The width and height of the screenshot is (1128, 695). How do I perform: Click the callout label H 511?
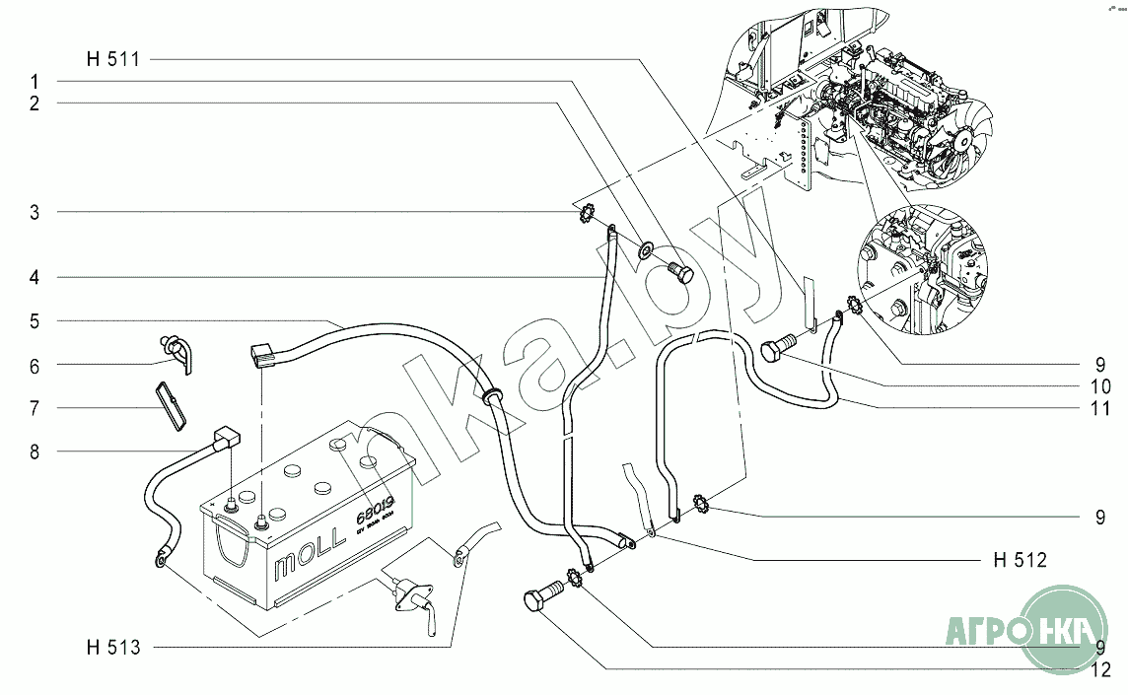113,59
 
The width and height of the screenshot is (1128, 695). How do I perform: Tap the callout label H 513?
113,648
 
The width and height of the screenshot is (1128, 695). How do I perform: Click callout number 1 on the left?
34,80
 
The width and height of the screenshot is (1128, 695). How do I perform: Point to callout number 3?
34,212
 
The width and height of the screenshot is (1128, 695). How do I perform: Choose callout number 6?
34,366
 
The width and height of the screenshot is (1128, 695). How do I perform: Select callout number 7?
34,408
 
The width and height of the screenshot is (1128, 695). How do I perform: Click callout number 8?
34,452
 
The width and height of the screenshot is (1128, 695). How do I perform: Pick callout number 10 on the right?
1101,386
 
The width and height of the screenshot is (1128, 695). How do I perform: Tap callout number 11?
1101,407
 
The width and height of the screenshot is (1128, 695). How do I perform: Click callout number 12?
1101,671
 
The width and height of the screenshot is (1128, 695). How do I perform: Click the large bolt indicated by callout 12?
539,597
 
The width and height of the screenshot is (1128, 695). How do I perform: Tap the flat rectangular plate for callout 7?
172,405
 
